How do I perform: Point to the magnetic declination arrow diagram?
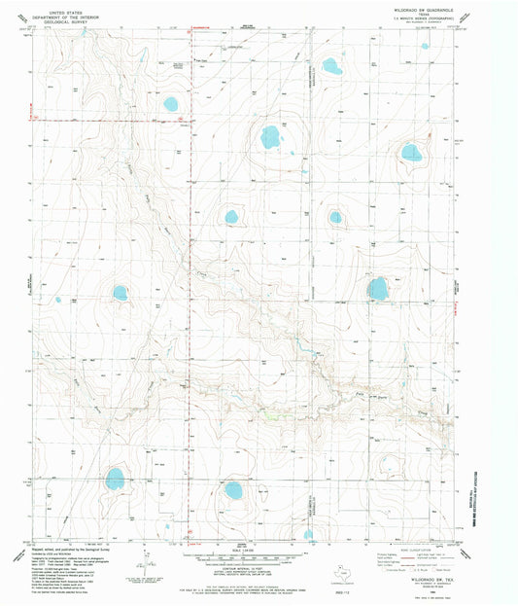(x=148, y=562)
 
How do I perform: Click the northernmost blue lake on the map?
(x=331, y=67)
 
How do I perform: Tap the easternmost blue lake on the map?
(x=411, y=152)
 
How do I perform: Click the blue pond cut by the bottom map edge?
(x=308, y=534)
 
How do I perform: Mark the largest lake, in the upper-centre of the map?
(x=270, y=137)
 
